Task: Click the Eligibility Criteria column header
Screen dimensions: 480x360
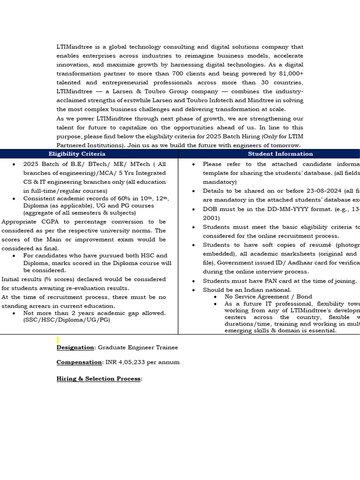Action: coord(77,154)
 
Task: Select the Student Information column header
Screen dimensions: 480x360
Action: coord(280,154)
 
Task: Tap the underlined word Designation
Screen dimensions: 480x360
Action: coord(75,347)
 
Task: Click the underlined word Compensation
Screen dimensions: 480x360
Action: coord(78,362)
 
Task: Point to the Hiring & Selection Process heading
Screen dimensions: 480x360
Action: coord(98,379)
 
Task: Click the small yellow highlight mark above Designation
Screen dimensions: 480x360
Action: coord(58,340)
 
